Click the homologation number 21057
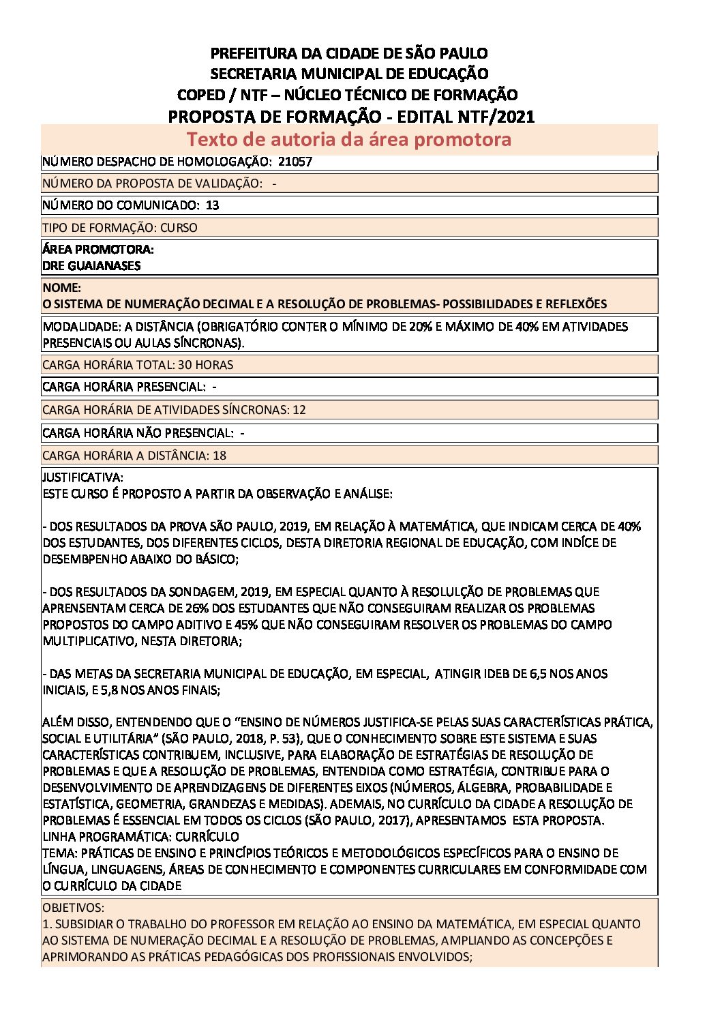tap(295, 162)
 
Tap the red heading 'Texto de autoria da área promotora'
tap(349, 139)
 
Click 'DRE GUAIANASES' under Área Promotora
tap(91, 265)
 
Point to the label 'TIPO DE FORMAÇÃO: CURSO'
tap(120, 227)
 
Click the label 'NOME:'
tap(61, 288)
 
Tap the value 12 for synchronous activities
tap(299, 410)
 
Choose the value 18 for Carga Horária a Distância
tap(220, 455)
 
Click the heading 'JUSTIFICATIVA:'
tap(82, 477)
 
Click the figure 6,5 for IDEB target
tap(538, 674)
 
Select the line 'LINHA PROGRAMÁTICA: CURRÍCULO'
tap(140, 836)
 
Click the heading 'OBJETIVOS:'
tap(74, 908)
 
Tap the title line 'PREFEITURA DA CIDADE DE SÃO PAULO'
tap(349, 53)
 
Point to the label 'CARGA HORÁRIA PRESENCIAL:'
tap(123, 387)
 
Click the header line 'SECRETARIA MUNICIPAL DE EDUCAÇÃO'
tap(349, 74)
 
